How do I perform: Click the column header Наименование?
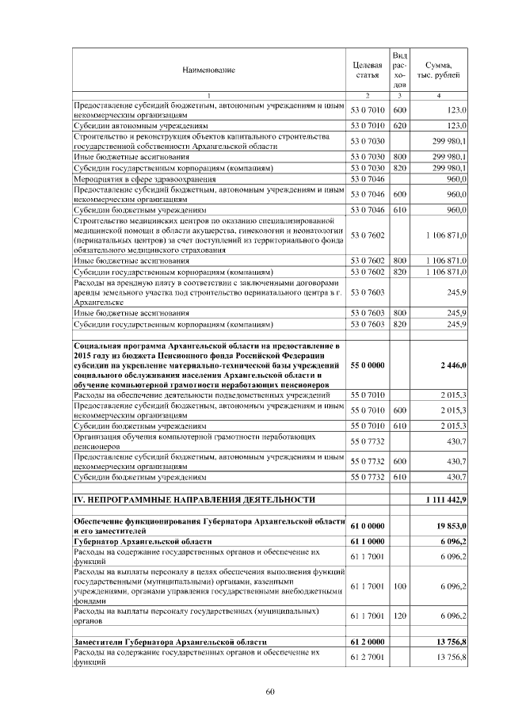coord(209,70)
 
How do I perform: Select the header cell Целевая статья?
coord(368,70)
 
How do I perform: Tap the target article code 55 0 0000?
coord(368,364)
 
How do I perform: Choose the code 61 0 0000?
coord(368,525)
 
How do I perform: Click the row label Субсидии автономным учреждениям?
coord(141,126)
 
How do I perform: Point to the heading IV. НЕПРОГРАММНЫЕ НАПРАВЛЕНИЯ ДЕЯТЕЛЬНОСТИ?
coord(195,500)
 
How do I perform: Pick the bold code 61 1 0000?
coord(368,540)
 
